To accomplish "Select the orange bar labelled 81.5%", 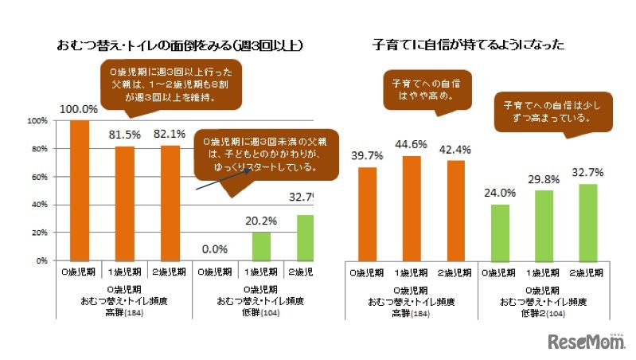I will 124,203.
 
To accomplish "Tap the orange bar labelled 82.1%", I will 169,202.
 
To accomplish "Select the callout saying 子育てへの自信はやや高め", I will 426,89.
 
